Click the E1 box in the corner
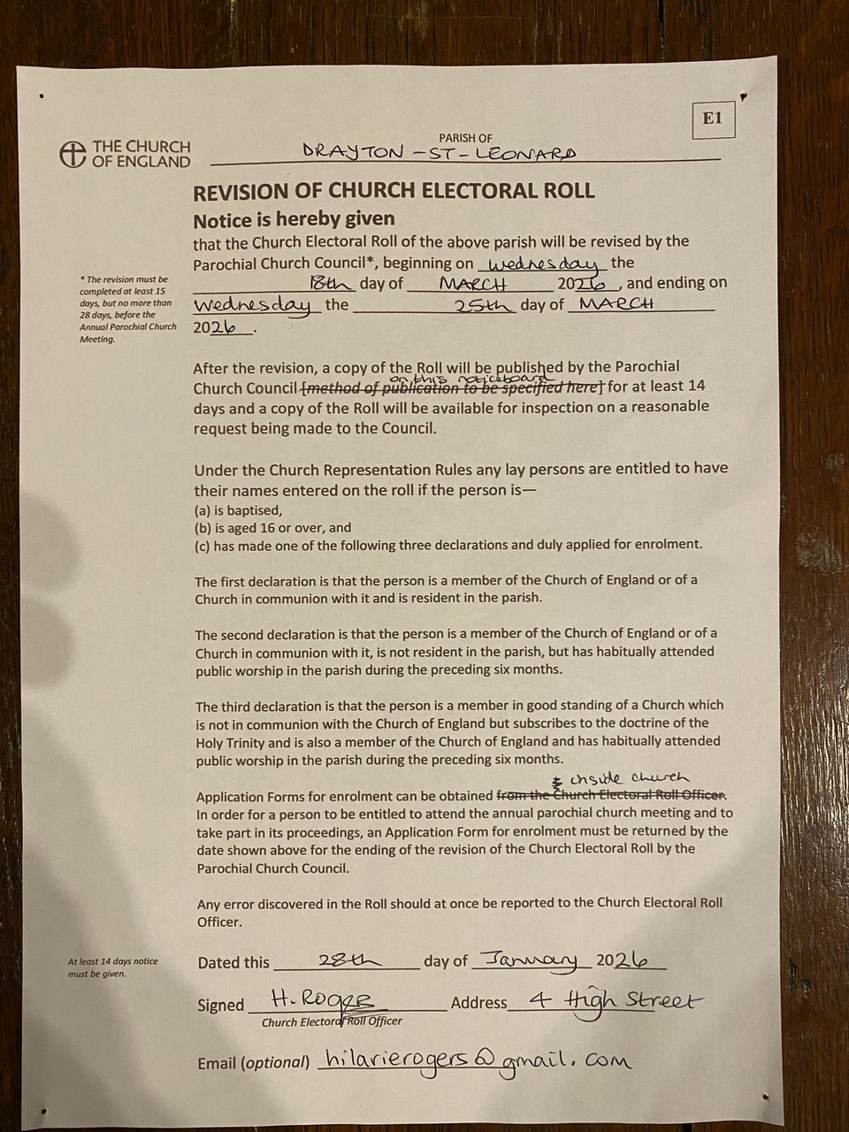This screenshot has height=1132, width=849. pyautogui.click(x=713, y=119)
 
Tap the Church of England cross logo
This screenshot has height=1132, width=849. pyautogui.click(x=73, y=154)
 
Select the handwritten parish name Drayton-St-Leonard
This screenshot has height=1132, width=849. pyautogui.click(x=439, y=152)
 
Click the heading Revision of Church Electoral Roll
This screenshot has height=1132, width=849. pyautogui.click(x=394, y=191)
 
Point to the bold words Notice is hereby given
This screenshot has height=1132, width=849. pyautogui.click(x=294, y=219)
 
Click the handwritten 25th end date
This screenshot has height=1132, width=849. pyautogui.click(x=482, y=305)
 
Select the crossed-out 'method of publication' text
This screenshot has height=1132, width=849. pyautogui.click(x=452, y=388)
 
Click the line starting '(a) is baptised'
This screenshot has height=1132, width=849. pyautogui.click(x=238, y=510)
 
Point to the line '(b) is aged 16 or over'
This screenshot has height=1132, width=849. pyautogui.click(x=272, y=527)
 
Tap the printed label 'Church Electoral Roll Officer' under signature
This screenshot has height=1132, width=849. pyautogui.click(x=332, y=1021)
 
